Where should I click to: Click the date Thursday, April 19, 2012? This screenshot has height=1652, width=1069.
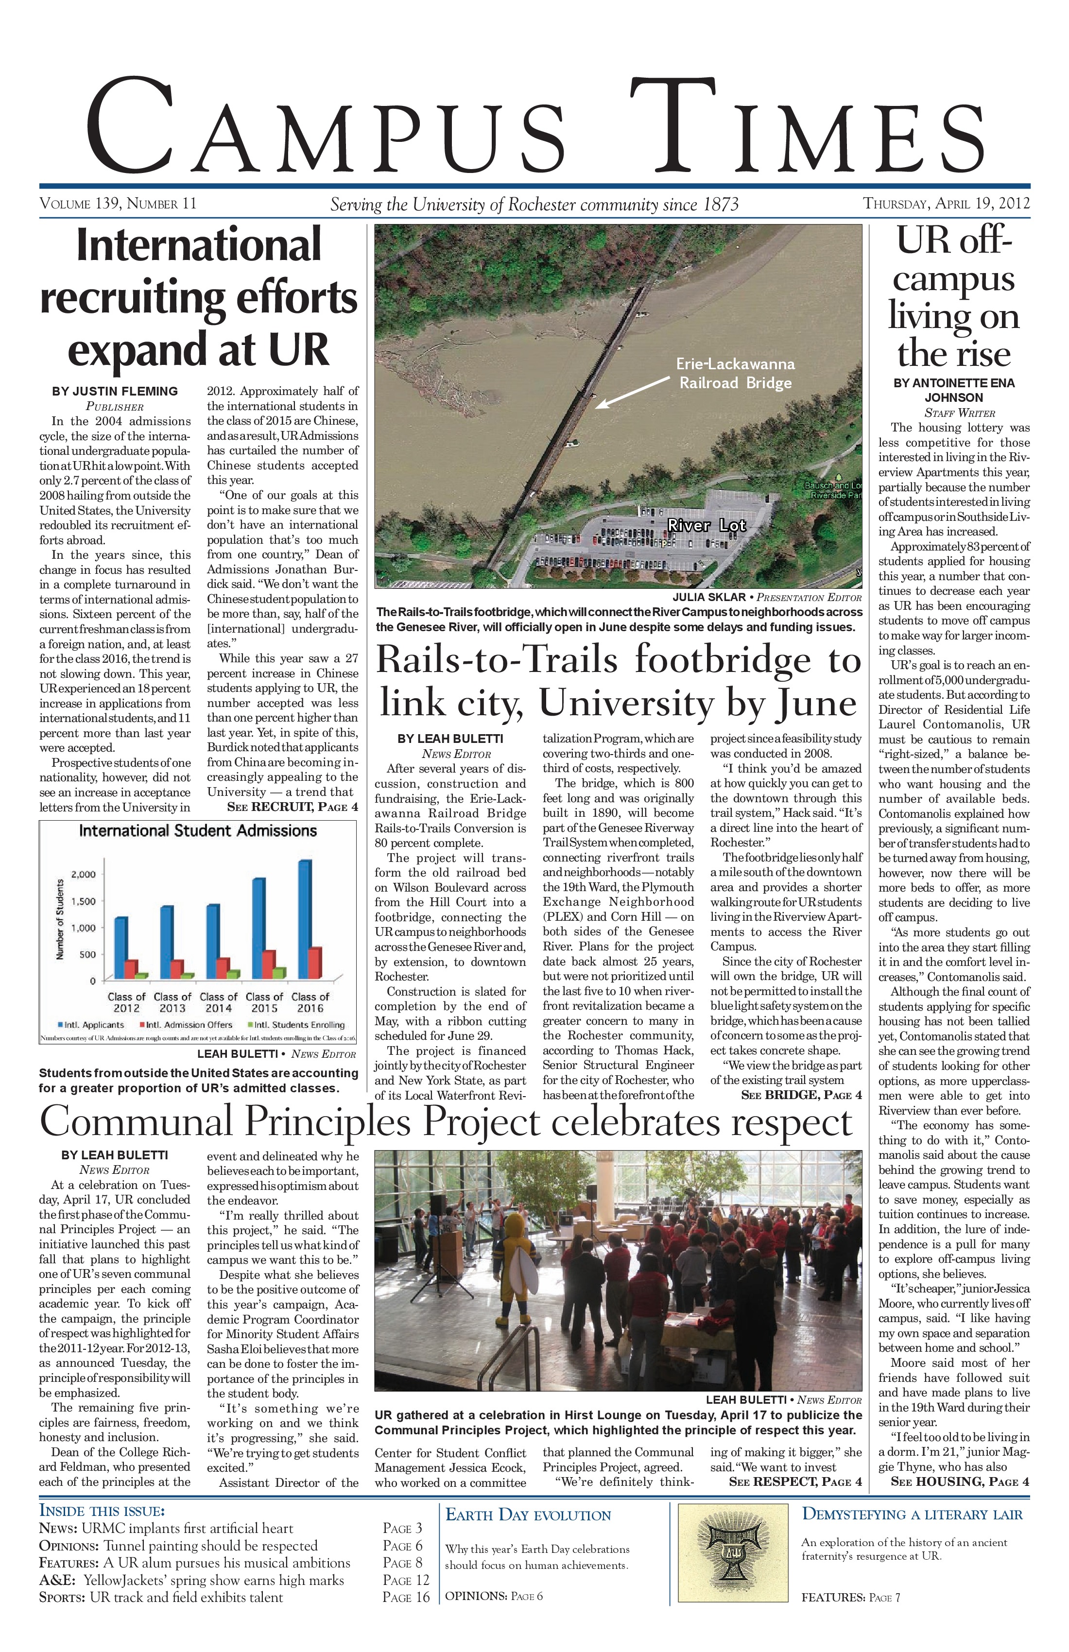(x=946, y=204)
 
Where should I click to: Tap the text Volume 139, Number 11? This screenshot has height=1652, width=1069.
(x=118, y=204)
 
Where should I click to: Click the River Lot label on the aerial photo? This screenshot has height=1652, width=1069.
(x=707, y=525)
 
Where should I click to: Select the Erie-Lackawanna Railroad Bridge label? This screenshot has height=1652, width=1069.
(x=735, y=374)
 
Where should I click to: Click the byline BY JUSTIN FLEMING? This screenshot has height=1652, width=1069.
(x=115, y=392)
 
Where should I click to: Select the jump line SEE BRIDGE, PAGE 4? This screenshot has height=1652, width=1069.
(x=801, y=1095)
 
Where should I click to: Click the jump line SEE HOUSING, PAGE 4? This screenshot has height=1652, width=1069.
(x=959, y=1482)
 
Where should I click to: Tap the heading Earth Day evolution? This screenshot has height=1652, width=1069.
(x=528, y=1515)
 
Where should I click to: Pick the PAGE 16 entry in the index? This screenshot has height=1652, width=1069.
(x=406, y=1597)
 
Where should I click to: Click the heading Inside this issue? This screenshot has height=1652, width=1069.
(x=102, y=1511)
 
